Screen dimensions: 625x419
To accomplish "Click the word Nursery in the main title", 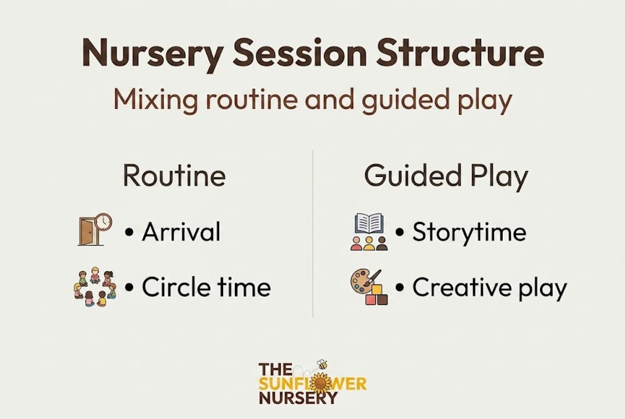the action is point(153,54).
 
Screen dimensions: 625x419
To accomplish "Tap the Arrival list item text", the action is point(181,232).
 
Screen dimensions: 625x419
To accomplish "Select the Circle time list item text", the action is point(206,287).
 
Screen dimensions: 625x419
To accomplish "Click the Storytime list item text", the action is point(469,233).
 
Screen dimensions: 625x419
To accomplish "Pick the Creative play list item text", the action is point(489,288).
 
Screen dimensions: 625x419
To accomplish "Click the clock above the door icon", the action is point(104,222).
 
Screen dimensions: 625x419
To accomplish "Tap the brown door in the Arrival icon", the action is point(87,231).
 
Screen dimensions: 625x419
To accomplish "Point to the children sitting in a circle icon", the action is point(95,287).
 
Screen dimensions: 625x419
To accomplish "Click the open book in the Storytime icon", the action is point(369,223).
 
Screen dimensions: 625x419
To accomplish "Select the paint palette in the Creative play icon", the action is point(362,282).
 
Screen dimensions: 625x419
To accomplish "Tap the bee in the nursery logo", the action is point(322,364).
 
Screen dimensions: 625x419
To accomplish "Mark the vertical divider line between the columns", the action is point(313,234).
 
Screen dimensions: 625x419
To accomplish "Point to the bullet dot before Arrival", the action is point(129,233).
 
